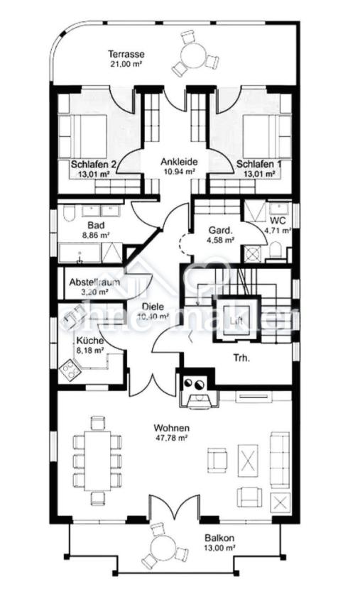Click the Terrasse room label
pyautogui.click(x=126, y=54)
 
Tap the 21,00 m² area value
pyautogui.click(x=126, y=65)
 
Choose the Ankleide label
pyautogui.click(x=179, y=162)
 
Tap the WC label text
pyautogui.click(x=278, y=221)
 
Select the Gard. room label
pyautogui.click(x=219, y=231)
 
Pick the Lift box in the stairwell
pyautogui.click(x=235, y=319)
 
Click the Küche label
pyautogui.click(x=89, y=340)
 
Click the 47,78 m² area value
pyautogui.click(x=172, y=439)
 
